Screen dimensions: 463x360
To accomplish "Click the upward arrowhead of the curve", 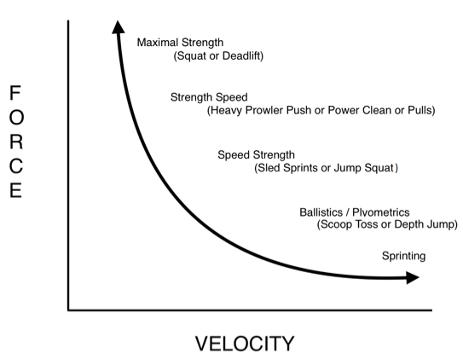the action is coord(119,27).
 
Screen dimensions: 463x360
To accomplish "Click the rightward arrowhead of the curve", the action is coord(413,277).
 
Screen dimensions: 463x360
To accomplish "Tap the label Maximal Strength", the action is coord(180,43).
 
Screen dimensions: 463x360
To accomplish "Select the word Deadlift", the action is coord(242,55).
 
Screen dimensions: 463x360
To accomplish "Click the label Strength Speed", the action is coord(209,97).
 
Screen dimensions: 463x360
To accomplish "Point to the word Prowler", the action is coord(265,110).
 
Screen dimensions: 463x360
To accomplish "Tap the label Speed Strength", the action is coord(256,155).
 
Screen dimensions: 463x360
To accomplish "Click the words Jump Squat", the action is coord(364,168).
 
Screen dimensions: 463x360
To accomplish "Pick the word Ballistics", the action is coord(321,212).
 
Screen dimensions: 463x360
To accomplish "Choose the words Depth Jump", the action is coord(425,224).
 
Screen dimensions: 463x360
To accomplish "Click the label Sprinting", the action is coord(403,256).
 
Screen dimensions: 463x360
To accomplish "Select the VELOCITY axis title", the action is coord(245,344).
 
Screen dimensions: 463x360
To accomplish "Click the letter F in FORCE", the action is coord(15,93).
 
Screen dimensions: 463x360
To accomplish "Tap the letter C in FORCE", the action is coord(16,166).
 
